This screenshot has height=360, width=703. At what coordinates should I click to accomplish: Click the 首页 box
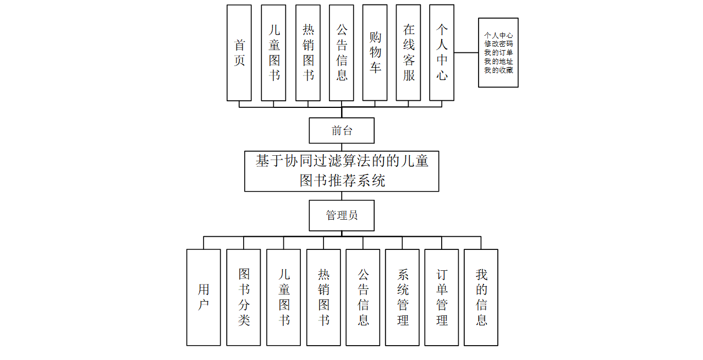239,53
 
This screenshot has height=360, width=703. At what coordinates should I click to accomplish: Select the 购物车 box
375,53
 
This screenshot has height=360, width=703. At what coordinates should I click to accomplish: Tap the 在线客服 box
409,53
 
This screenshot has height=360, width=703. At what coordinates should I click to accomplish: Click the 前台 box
342,130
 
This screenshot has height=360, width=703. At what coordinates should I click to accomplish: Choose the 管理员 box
342,215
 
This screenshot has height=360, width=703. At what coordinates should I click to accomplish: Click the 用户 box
204,297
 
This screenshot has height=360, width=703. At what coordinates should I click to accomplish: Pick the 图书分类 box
244,297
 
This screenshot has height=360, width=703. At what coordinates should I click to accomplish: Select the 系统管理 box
402,297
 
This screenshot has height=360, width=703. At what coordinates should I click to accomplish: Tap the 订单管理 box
442,297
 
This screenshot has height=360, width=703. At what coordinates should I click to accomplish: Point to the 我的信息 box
481,297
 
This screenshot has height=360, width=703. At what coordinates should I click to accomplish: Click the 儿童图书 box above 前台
273,53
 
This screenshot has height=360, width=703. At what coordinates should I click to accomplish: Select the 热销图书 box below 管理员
323,297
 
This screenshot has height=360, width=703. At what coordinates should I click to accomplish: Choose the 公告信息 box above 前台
342,53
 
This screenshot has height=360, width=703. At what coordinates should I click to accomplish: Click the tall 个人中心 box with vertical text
442,53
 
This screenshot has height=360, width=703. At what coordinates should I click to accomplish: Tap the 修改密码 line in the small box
498,44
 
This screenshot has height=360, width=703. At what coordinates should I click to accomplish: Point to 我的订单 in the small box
498,53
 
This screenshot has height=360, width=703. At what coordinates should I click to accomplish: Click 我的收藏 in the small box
498,70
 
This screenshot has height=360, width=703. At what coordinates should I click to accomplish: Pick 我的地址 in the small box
498,62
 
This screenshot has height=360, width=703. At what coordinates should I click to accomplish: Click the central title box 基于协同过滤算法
342,171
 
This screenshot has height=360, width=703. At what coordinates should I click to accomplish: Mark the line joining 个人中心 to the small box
466,53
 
